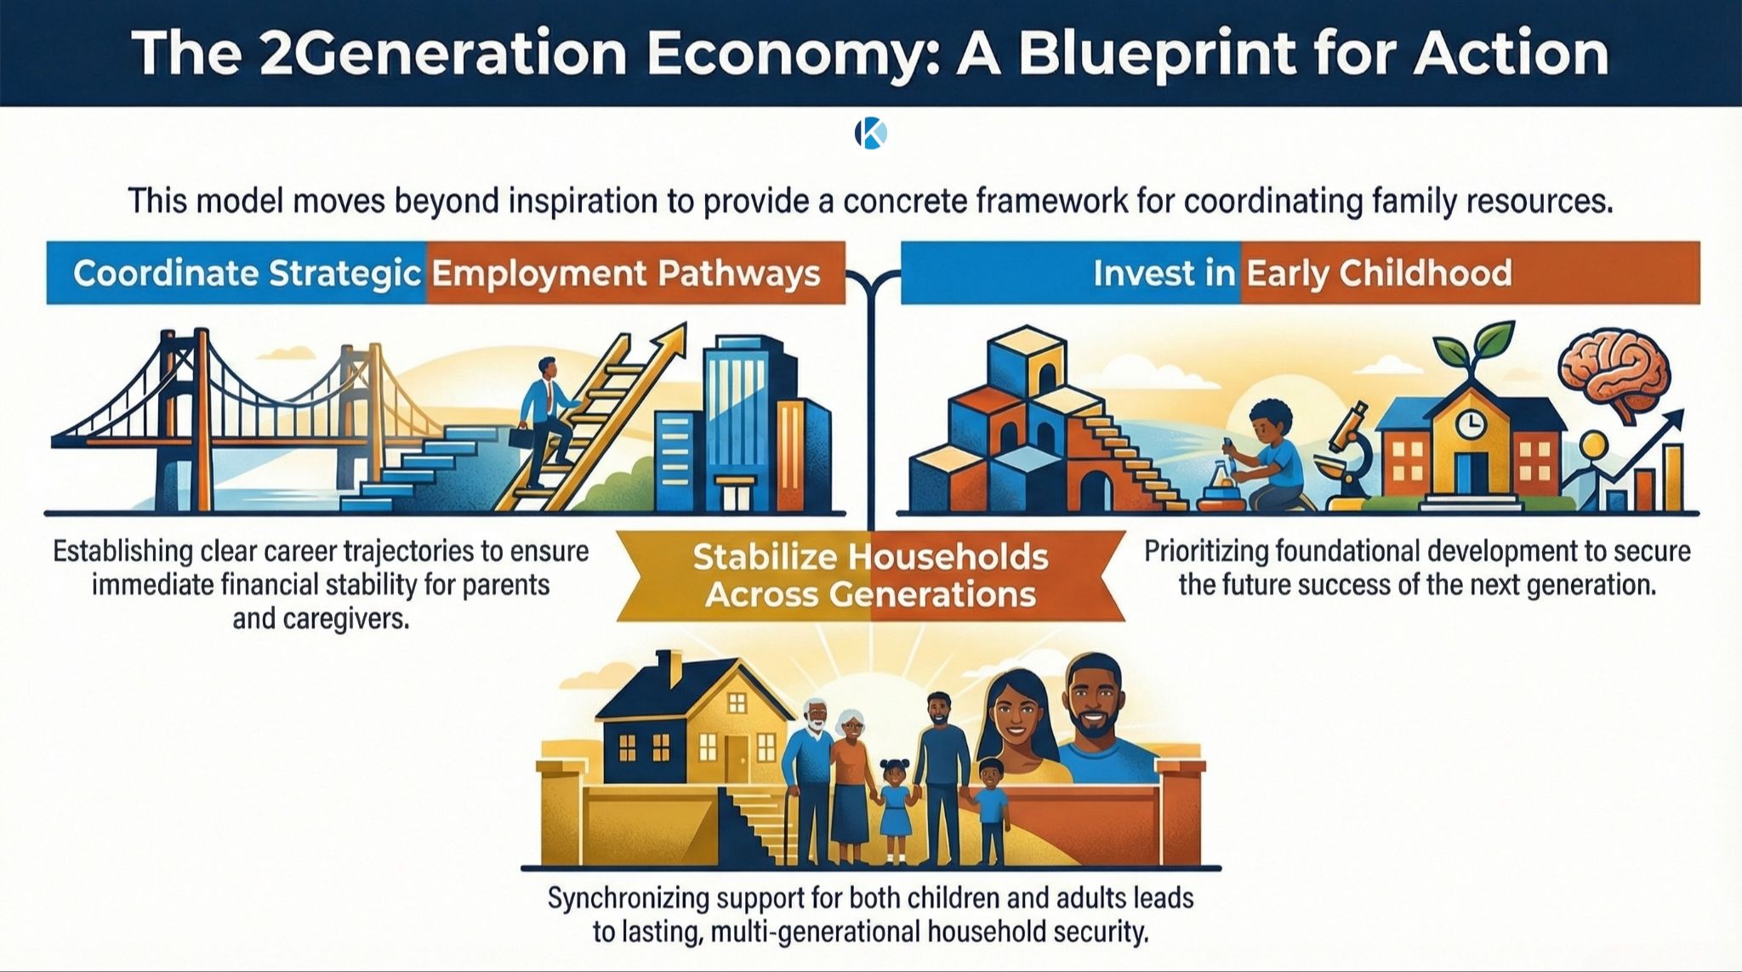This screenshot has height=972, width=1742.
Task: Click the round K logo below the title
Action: click(870, 134)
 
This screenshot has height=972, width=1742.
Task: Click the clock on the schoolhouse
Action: click(1468, 423)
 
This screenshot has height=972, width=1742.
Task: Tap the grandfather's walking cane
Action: click(797, 828)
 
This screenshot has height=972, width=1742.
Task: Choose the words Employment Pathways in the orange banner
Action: click(626, 274)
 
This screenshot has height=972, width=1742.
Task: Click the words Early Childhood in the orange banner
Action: click(1379, 274)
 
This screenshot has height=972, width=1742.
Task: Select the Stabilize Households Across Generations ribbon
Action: click(870, 575)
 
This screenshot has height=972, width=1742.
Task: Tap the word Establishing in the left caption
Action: click(123, 551)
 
